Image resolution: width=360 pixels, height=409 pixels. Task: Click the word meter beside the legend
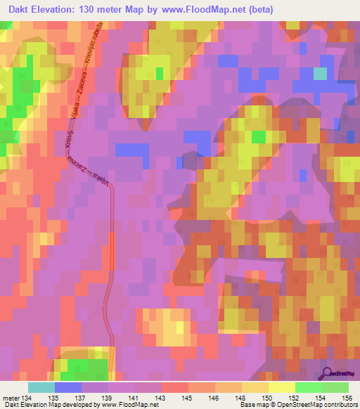pos(10,398)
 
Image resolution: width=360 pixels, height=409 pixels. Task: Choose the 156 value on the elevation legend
pos(346,398)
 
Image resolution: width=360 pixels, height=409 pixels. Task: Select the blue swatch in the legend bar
pos(67,387)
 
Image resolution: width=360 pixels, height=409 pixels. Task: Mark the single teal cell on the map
pos(320,74)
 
